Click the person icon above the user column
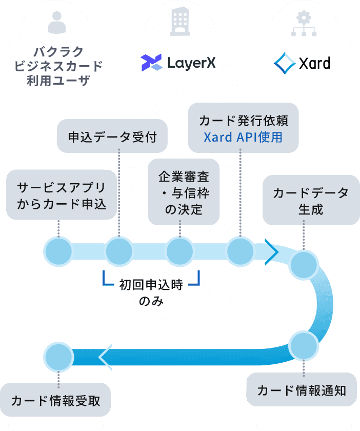[x=57, y=22]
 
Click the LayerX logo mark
[x=152, y=63]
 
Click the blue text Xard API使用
[x=243, y=138]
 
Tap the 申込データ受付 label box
[x=112, y=136]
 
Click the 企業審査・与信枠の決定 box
[x=183, y=191]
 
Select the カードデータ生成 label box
[x=310, y=200]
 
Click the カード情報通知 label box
[x=302, y=390]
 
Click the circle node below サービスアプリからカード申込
[x=58, y=251]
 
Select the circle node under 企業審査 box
[x=179, y=251]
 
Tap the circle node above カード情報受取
[x=58, y=356]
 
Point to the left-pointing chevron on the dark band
[x=105, y=356]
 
